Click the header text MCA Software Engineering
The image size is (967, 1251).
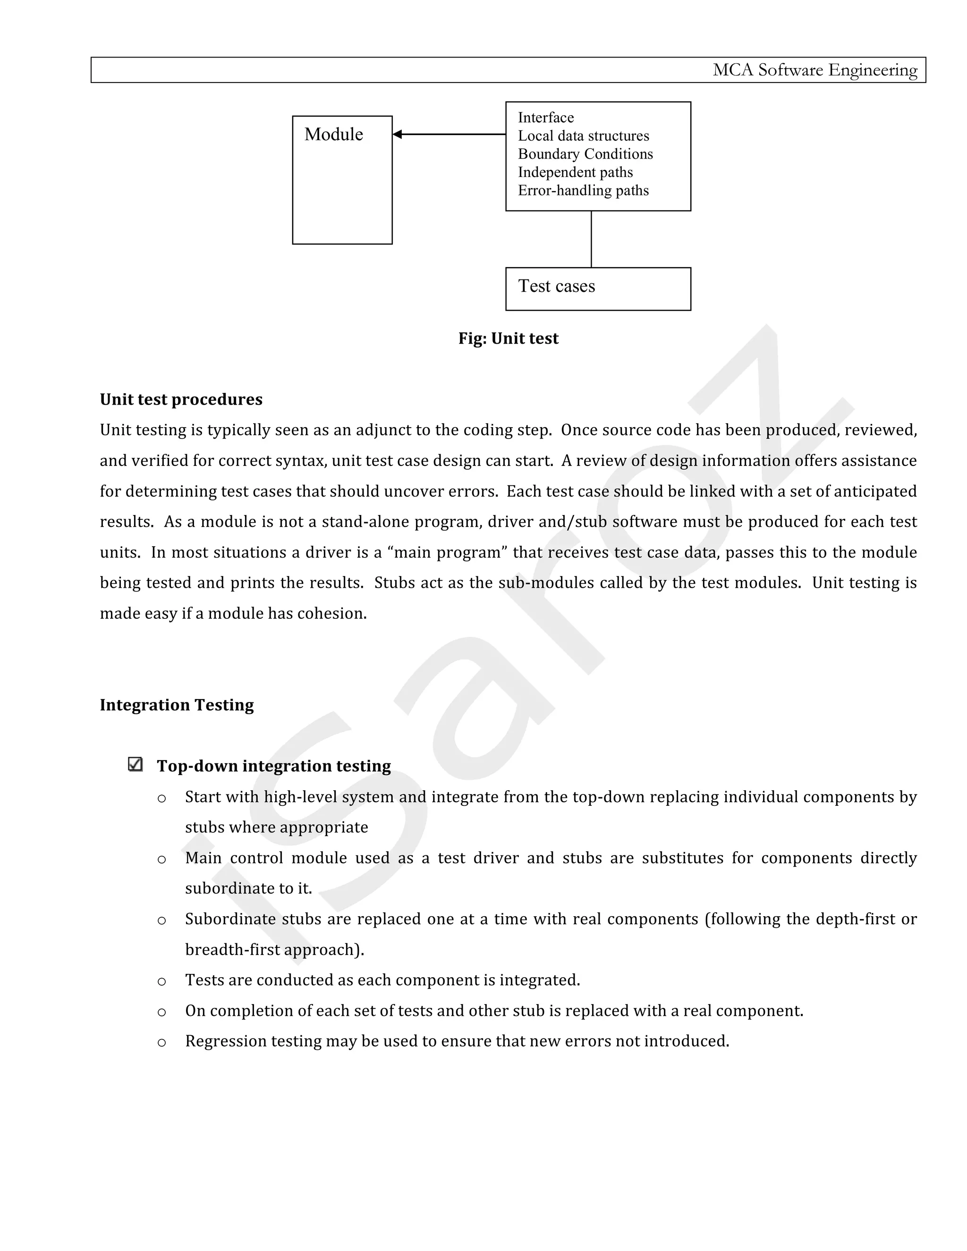[814, 70]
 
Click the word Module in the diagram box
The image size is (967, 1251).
[333, 134]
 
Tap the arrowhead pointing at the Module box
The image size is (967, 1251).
[398, 134]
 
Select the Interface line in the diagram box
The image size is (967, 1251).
[545, 118]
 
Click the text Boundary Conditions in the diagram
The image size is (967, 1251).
[585, 154]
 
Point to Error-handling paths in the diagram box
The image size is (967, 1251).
[583, 191]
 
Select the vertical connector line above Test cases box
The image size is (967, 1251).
[591, 239]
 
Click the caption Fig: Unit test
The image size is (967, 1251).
[508, 338]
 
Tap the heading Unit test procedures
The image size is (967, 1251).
[181, 399]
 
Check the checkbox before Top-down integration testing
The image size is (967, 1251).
[135, 764]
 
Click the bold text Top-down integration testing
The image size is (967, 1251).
[274, 766]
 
